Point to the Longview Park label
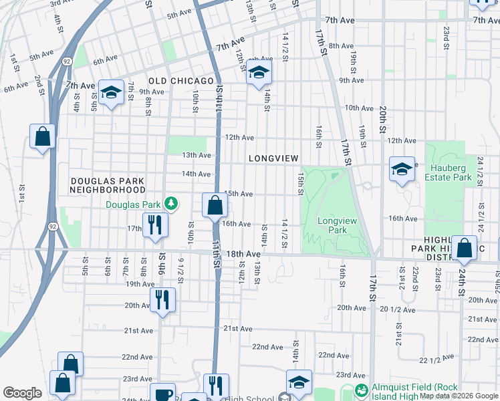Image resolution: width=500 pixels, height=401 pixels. (x=332, y=225)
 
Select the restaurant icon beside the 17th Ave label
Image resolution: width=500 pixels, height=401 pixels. (x=154, y=225)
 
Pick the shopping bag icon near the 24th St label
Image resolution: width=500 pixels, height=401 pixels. (x=464, y=248)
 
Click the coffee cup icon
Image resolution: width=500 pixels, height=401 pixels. (x=162, y=394)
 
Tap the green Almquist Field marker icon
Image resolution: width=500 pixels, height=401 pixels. (x=362, y=390)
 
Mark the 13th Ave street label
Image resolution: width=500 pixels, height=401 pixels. (x=197, y=155)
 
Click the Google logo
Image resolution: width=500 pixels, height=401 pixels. (x=22, y=393)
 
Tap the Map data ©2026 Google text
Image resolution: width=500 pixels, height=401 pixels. (x=459, y=396)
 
